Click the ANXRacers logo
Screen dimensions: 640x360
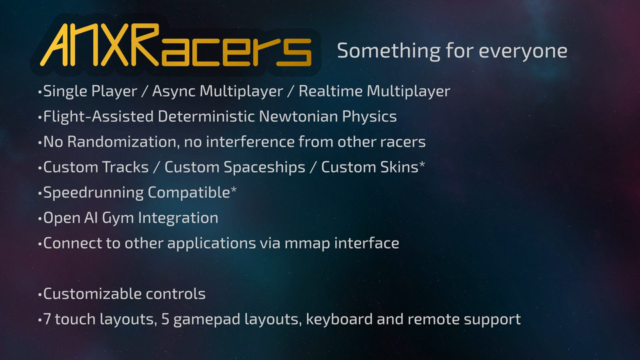176,45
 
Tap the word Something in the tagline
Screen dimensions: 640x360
388,51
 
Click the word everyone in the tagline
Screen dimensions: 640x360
523,51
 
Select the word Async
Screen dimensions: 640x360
176,91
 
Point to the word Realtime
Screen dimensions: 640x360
331,91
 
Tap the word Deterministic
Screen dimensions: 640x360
206,116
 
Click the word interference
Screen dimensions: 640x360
250,141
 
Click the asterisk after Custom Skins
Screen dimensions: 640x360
422,165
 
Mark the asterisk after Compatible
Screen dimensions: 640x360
233,190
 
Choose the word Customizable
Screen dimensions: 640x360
92,294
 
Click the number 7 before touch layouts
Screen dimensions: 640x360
47,319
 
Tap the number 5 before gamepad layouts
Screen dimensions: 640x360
165,319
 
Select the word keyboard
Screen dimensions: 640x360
339,319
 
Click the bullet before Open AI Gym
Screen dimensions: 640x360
39,219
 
